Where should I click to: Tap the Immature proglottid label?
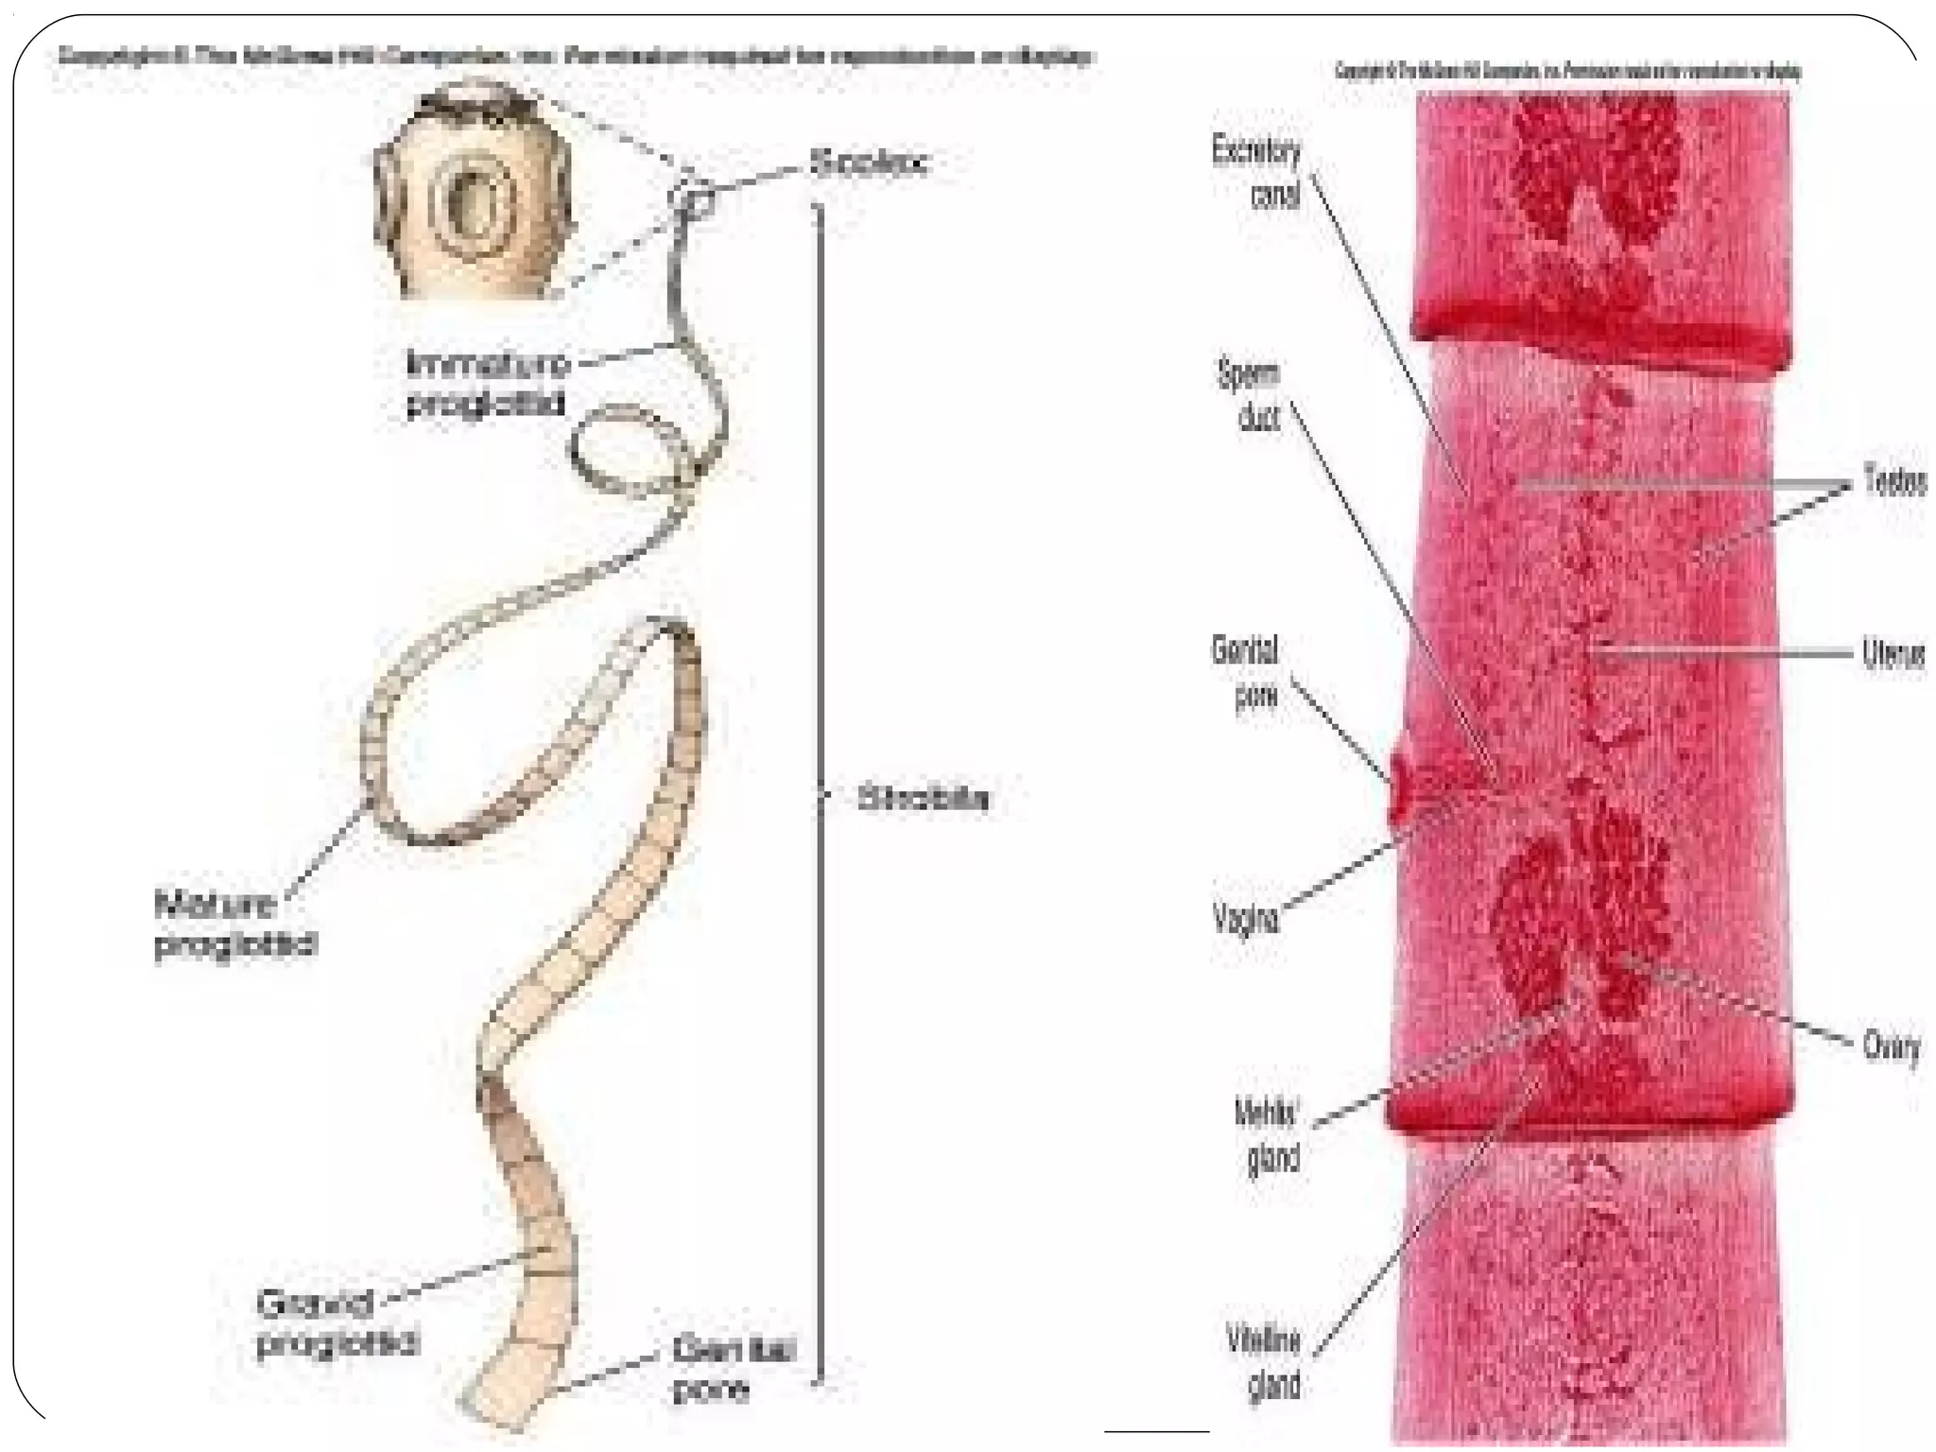coord(487,383)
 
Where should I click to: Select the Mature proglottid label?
coord(235,924)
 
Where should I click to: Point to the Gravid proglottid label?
coord(336,1323)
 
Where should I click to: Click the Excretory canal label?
coord(1257,172)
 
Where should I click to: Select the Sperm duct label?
coord(1250,395)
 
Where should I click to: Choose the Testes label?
coord(1894,482)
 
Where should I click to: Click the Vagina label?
coord(1246,918)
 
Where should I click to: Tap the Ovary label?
coord(1891,1047)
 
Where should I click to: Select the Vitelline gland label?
coord(1263,1362)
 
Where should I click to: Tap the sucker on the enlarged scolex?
coord(469,202)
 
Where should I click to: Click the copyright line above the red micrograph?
coord(1567,72)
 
